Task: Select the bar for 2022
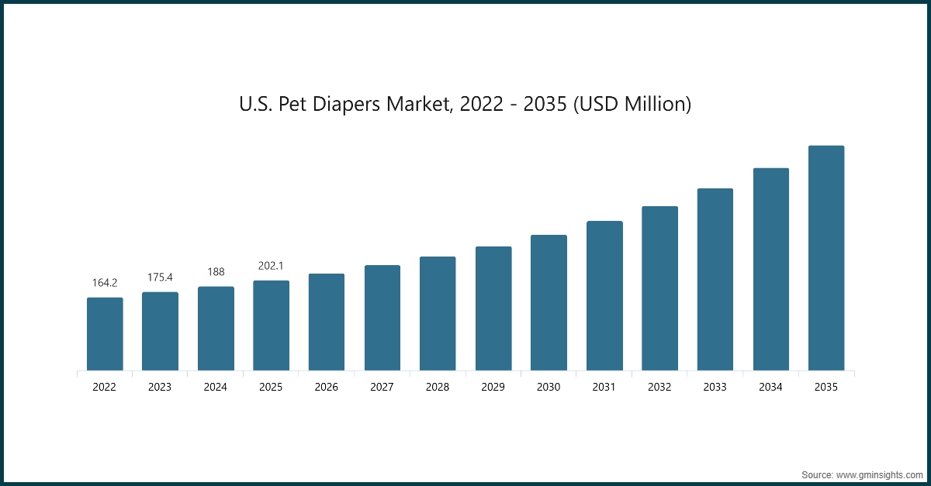(105, 334)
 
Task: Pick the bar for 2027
(382, 318)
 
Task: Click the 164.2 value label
(105, 283)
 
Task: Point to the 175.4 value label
(160, 277)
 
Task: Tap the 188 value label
(216, 272)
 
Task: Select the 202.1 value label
(271, 266)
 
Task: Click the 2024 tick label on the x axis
(216, 387)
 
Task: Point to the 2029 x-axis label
(493, 387)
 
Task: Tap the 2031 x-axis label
(604, 387)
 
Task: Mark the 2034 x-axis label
(771, 387)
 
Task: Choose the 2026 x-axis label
(327, 387)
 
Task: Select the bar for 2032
(659, 288)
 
